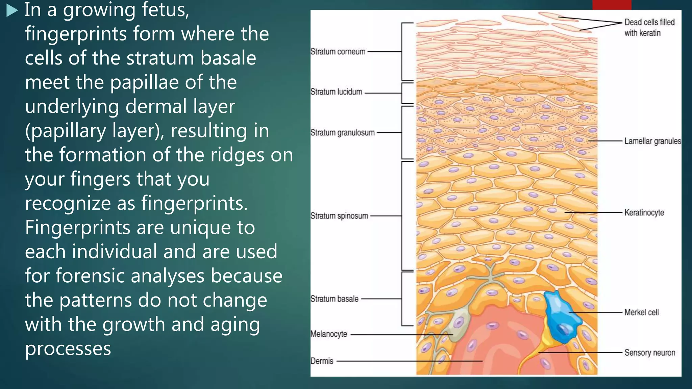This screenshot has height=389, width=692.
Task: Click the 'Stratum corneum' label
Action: (338, 52)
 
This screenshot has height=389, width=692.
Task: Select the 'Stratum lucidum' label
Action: (336, 92)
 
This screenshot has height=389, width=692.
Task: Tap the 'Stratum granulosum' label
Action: (342, 133)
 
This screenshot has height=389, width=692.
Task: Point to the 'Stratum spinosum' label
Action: (339, 216)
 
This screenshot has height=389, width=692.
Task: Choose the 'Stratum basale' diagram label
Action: (334, 299)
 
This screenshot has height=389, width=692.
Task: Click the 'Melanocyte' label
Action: (329, 334)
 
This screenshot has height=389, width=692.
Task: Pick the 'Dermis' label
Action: (322, 361)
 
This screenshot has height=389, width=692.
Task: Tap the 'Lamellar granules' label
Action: (652, 141)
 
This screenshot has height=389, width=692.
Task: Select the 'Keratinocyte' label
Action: (644, 213)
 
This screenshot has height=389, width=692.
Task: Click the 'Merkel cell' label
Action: (641, 312)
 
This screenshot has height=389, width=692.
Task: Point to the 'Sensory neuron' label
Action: (649, 353)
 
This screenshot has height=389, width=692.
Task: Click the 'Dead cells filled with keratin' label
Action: (649, 28)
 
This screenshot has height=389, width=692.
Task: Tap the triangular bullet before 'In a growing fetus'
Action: (12, 11)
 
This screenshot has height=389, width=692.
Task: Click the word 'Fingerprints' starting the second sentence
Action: (77, 227)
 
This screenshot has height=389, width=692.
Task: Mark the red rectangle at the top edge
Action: (612, 4)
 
